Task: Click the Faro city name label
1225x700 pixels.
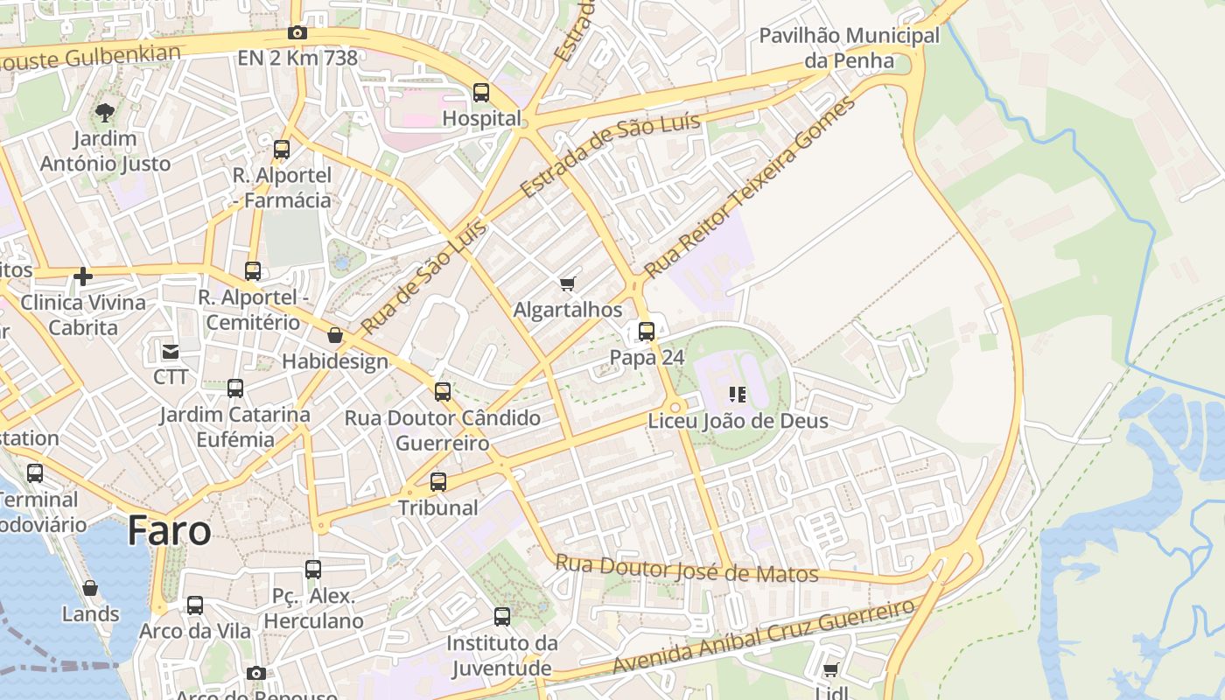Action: pos(169,530)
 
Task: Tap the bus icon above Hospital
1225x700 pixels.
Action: pos(480,92)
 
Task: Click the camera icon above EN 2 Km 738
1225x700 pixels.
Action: pos(297,33)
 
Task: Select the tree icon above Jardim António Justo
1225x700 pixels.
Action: pos(105,112)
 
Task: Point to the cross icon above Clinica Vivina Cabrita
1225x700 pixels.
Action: pos(83,276)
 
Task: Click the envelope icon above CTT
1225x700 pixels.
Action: pos(171,352)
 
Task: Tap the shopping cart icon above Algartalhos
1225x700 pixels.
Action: pos(567,283)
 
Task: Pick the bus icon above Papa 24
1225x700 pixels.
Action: pos(647,332)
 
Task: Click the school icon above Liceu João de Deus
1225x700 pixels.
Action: pos(737,395)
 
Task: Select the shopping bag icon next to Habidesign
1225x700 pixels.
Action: pos(334,335)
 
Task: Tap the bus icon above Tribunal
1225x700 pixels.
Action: pos(438,481)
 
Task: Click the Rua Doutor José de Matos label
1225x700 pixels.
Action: pos(687,570)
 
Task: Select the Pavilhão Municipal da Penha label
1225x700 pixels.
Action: pos(849,48)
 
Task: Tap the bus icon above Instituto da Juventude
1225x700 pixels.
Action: pos(502,617)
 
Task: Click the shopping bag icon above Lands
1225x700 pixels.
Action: pos(90,588)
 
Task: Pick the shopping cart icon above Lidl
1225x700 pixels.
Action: pos(830,669)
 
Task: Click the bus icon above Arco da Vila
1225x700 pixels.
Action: pos(195,605)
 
